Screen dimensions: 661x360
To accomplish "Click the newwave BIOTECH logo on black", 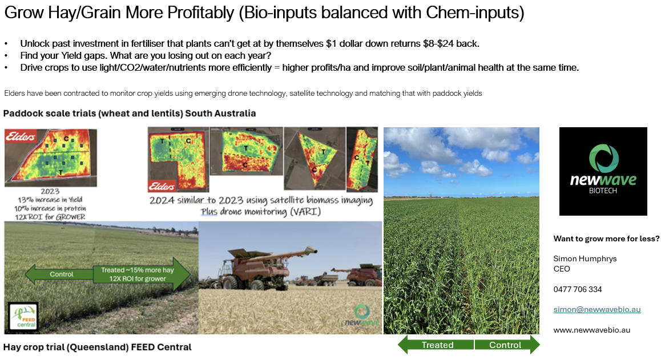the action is [x=603, y=171].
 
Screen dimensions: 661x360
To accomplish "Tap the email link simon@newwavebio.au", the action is [x=597, y=309].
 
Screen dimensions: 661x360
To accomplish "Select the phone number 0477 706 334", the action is [x=578, y=289].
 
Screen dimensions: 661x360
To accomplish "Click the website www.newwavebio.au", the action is [x=592, y=330].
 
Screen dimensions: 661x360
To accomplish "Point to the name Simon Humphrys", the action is [x=585, y=258].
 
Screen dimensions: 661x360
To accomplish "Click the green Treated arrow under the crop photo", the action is [x=436, y=345].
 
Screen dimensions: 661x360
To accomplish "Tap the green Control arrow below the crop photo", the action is [x=507, y=345].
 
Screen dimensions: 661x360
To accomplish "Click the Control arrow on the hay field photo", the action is [x=59, y=274].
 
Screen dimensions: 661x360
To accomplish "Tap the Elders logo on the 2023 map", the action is [x=20, y=136].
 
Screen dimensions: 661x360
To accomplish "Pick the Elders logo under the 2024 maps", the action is [x=162, y=186].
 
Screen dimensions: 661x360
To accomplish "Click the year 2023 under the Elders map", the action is [x=50, y=191].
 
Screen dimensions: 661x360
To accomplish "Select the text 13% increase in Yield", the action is [x=50, y=200].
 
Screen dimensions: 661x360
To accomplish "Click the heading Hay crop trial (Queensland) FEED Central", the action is [x=98, y=347].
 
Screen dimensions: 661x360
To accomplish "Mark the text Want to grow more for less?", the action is [x=606, y=238].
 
